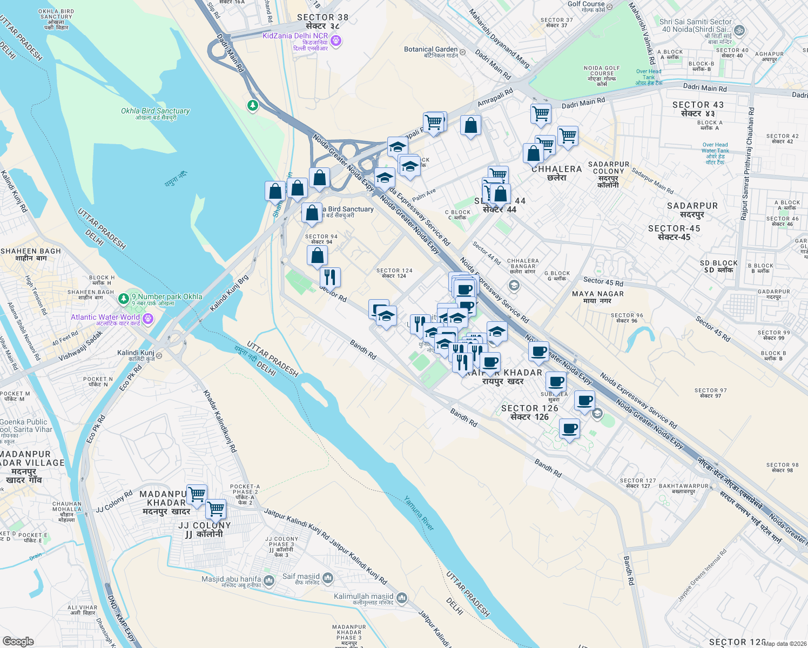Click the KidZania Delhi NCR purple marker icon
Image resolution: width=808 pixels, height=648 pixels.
pos(336,40)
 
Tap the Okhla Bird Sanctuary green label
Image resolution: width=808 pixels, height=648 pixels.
pos(155,111)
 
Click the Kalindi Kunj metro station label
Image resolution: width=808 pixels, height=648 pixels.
pos(136,353)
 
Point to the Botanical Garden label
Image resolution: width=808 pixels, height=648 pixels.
pos(430,49)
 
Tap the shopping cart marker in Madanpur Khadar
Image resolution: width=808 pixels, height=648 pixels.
pos(197,494)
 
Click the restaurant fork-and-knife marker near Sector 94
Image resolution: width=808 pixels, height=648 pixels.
pos(329,277)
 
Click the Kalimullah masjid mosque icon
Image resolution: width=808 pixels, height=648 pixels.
pos(401,598)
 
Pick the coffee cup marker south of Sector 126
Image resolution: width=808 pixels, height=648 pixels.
pos(569,429)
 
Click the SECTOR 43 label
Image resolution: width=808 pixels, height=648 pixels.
pos(698,105)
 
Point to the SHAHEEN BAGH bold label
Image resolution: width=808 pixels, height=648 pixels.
pos(31,251)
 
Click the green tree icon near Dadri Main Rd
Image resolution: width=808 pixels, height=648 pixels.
pos(252,105)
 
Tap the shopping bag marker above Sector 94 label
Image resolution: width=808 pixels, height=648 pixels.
pos(312,213)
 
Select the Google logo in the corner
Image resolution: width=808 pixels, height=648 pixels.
pos(18,641)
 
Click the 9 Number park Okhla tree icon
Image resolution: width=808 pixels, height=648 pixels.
pos(124,298)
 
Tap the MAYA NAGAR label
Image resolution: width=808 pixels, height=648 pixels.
pos(597,294)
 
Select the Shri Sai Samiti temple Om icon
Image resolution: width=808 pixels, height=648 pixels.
pos(739,31)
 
